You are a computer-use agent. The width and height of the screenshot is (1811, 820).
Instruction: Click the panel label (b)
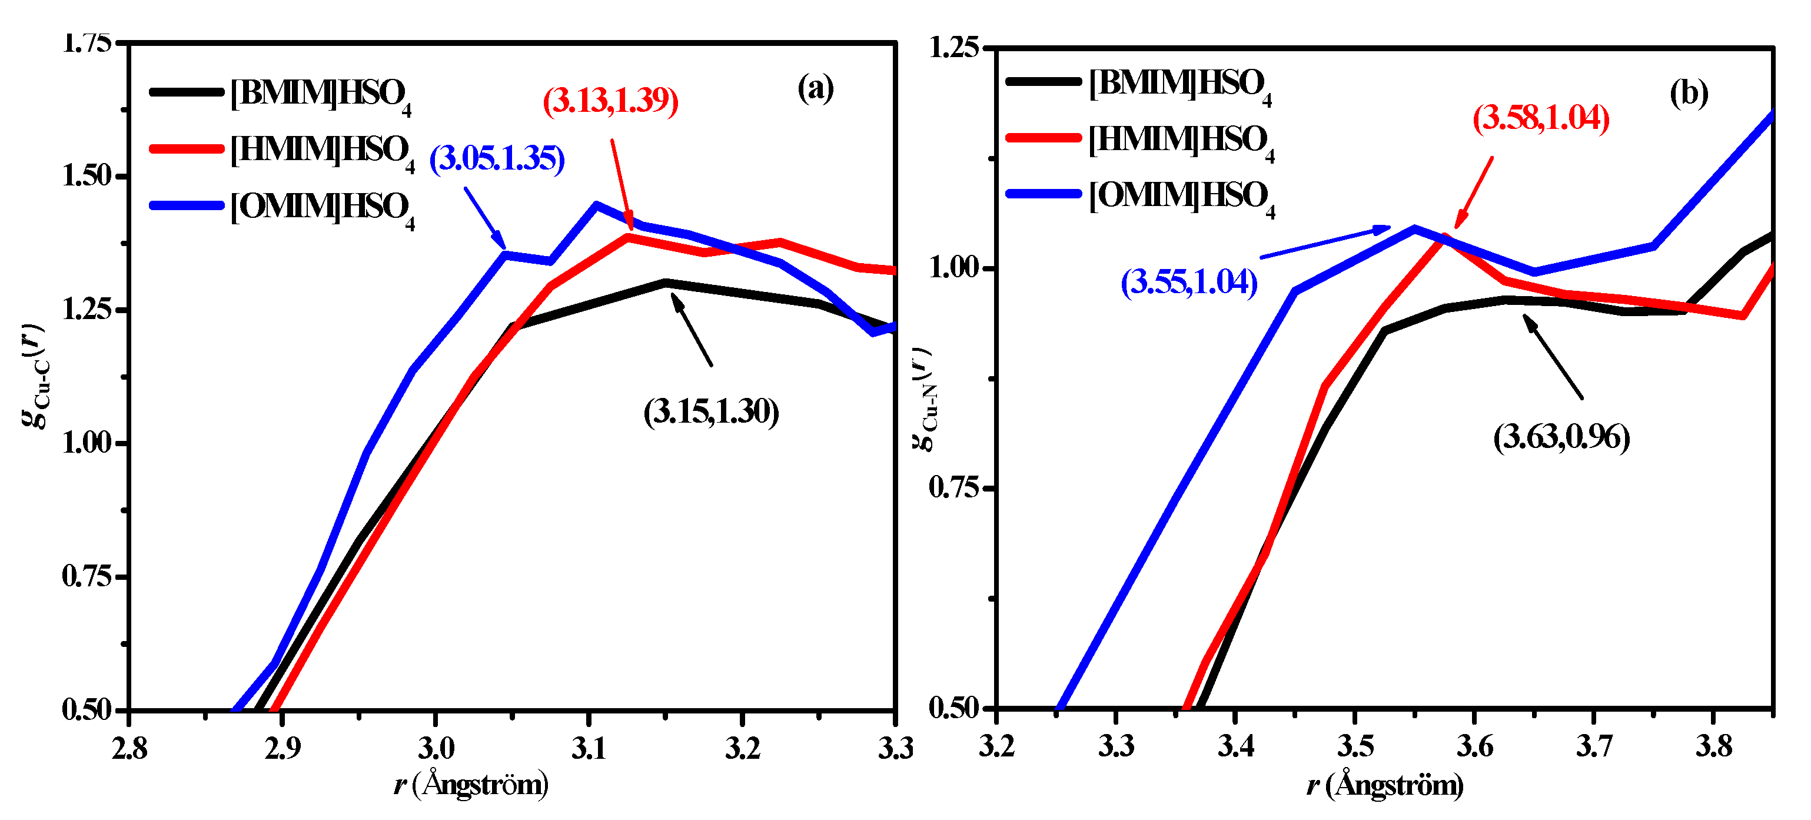[x=1689, y=93]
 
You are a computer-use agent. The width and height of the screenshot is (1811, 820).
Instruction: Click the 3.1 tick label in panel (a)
[x=589, y=748]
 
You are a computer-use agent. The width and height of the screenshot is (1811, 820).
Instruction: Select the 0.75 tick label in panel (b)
[x=953, y=487]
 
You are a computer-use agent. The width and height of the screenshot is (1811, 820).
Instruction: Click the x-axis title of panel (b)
[x=1384, y=784]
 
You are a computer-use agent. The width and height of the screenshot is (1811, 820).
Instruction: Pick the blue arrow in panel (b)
[x=1325, y=242]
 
